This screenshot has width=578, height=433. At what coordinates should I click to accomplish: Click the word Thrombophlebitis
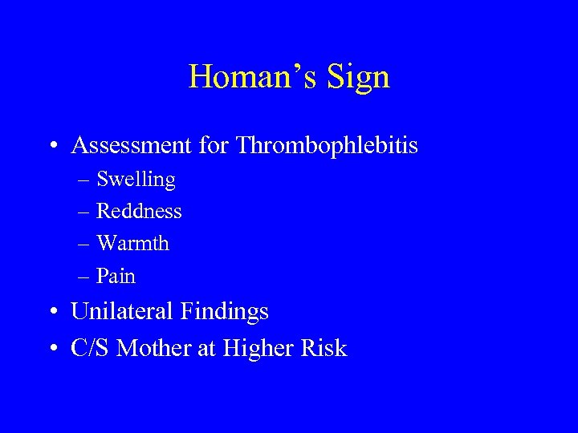(317, 146)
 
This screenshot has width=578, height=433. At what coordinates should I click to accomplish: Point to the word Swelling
(136, 180)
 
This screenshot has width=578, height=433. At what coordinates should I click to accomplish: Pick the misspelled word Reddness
(139, 211)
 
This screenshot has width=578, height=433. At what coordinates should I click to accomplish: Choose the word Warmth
(132, 243)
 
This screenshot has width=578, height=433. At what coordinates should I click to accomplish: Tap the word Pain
(116, 276)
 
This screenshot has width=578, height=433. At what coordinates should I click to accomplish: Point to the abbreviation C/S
(90, 348)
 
